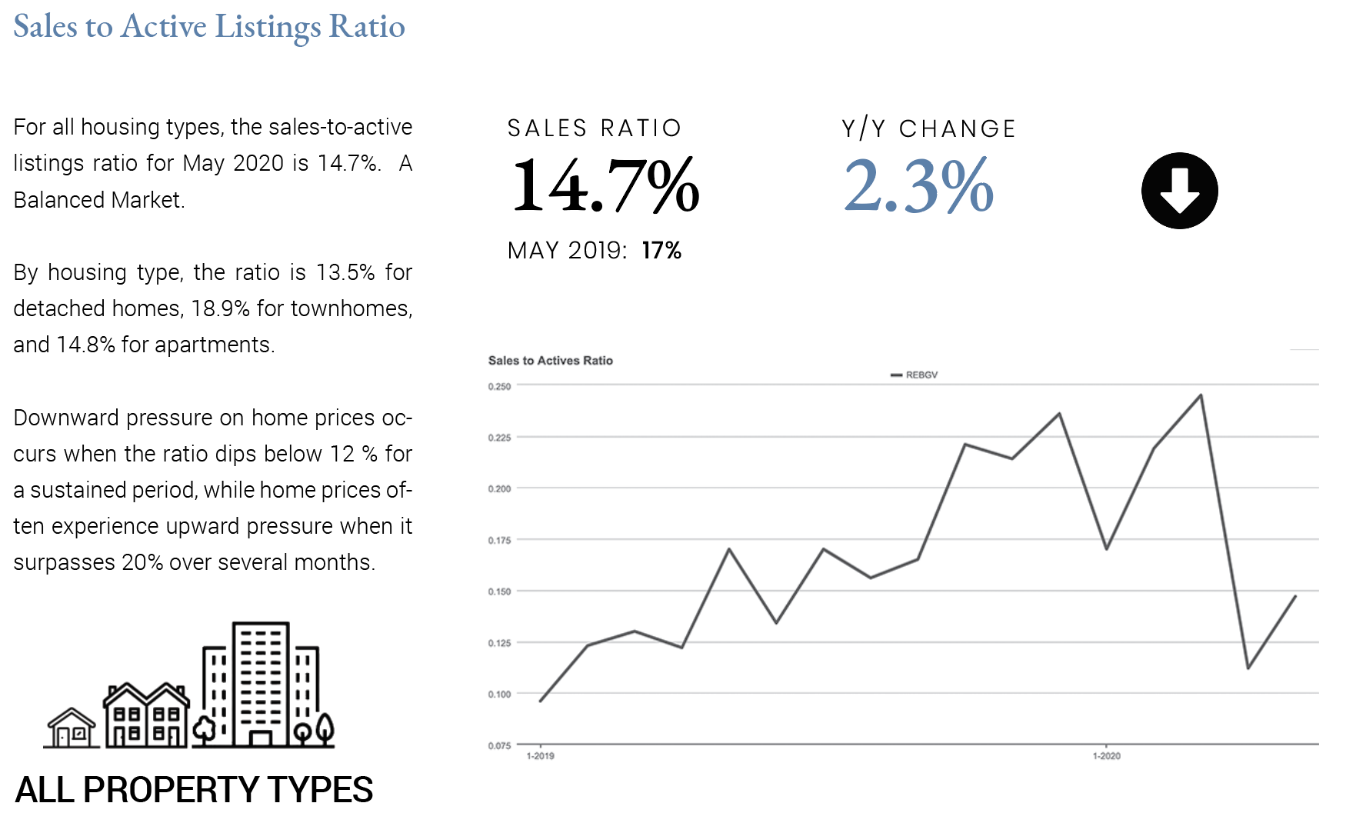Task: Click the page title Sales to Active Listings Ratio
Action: (x=209, y=27)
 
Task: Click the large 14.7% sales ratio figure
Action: (x=605, y=185)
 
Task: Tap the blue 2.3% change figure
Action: (x=918, y=185)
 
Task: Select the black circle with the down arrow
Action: (x=1179, y=191)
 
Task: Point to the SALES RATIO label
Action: (x=595, y=128)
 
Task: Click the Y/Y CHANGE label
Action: (x=929, y=128)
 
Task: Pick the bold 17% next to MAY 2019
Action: (x=661, y=251)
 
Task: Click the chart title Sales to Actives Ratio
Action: (x=550, y=361)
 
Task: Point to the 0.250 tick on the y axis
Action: (x=499, y=387)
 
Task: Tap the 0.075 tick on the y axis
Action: (x=499, y=745)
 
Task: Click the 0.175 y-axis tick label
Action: (x=499, y=541)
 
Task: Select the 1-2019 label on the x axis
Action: (x=540, y=756)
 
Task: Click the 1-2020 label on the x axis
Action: (x=1106, y=756)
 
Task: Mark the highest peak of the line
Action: (x=1201, y=395)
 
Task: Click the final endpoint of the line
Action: (x=1295, y=596)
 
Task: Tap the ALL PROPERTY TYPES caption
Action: (x=194, y=790)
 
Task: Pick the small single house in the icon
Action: (x=72, y=728)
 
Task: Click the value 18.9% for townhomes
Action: (x=220, y=308)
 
